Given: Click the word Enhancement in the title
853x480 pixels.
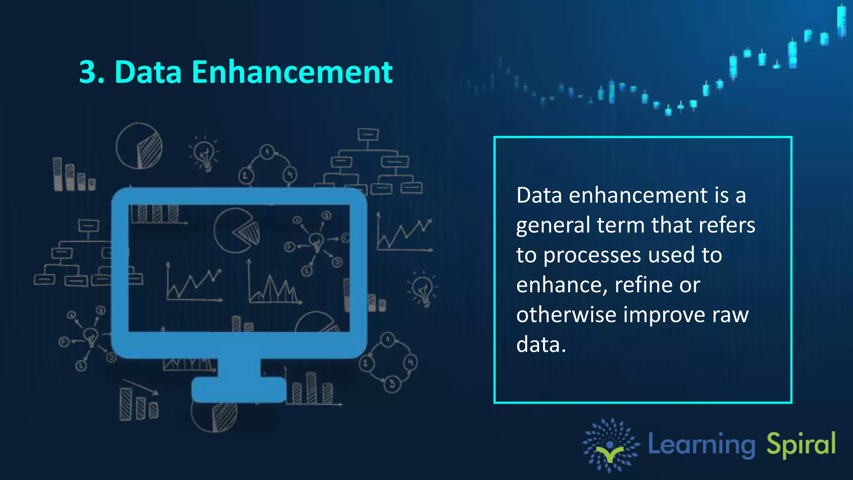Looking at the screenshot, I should tap(292, 72).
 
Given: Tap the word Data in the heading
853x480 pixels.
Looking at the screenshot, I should tap(148, 72).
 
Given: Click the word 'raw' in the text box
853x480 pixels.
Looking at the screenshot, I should tap(730, 315).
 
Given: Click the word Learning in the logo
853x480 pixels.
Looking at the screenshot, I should tap(701, 445).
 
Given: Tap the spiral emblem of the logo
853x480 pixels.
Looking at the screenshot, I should tap(610, 445).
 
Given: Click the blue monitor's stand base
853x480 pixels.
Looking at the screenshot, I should tap(239, 390).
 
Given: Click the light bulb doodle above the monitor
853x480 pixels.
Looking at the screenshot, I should tap(204, 153).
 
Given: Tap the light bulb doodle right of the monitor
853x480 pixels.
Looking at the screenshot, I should tap(423, 289).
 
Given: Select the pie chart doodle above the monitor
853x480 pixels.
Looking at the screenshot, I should tap(139, 146).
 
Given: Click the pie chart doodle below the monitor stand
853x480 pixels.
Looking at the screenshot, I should tap(214, 416).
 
